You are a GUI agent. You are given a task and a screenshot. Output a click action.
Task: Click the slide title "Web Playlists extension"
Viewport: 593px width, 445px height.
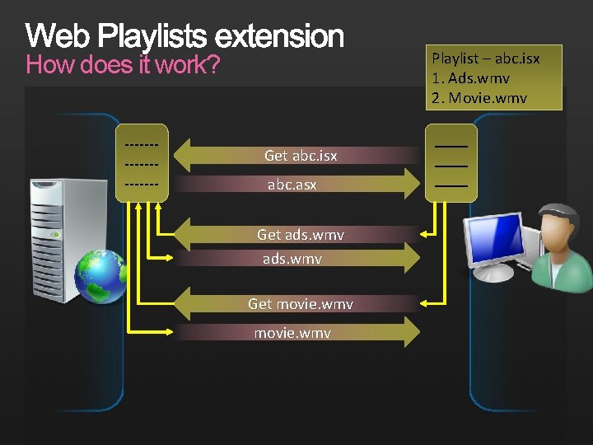click(184, 36)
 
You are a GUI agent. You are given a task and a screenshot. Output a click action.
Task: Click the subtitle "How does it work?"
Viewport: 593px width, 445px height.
click(123, 65)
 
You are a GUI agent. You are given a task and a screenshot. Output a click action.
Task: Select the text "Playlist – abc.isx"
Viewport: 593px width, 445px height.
click(485, 59)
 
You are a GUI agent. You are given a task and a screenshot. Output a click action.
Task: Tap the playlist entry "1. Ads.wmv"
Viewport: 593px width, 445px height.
click(470, 78)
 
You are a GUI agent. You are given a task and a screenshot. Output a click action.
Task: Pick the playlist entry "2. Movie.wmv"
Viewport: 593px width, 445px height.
click(479, 98)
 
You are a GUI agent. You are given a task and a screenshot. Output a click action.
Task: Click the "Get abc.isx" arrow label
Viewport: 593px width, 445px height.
click(300, 155)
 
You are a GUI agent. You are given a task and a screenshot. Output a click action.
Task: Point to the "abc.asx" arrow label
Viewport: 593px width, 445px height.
click(292, 185)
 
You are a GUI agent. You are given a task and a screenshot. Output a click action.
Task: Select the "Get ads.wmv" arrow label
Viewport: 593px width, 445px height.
click(300, 235)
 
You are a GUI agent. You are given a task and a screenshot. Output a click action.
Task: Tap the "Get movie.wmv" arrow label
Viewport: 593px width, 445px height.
click(300, 304)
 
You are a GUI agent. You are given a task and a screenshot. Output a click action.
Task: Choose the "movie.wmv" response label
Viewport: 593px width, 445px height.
click(292, 333)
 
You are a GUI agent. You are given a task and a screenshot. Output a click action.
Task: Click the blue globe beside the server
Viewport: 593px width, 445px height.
click(100, 276)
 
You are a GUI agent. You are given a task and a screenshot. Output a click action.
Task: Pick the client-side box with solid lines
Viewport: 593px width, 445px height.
click(451, 162)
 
